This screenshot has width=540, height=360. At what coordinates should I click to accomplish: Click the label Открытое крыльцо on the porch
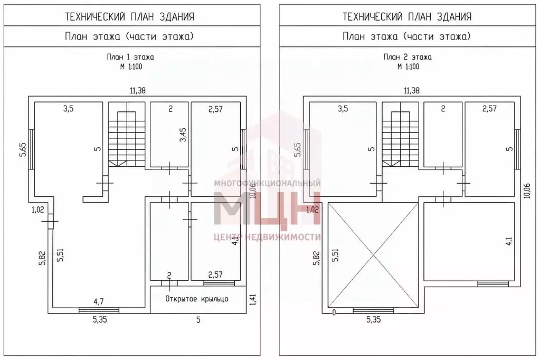[197, 299]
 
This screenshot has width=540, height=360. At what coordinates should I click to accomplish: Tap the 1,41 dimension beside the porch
[253, 299]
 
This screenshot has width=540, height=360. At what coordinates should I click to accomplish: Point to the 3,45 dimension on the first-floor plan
[184, 135]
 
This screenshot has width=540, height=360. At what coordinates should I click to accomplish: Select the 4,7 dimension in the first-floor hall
[99, 302]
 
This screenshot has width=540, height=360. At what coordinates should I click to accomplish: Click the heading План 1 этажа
[130, 57]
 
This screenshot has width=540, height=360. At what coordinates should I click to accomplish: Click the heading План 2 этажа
[408, 57]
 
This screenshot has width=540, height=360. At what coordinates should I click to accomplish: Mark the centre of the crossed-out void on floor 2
[373, 255]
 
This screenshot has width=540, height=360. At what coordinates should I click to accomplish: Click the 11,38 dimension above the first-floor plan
[137, 91]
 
